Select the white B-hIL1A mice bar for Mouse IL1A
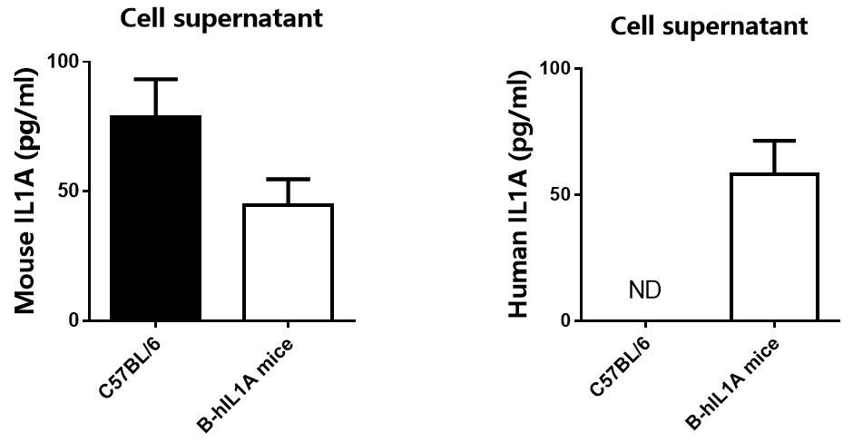tap(287, 262)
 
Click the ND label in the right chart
tap(644, 290)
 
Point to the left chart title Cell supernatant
tap(222, 18)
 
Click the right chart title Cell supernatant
tap(709, 27)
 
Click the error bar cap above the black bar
tap(156, 80)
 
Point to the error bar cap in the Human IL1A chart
tap(776, 141)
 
